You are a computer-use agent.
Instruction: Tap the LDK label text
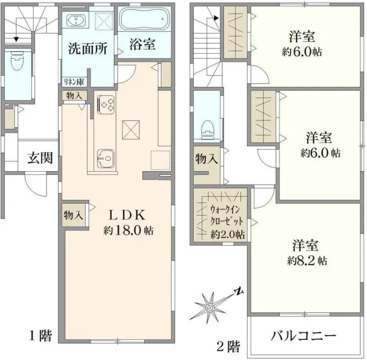pyautogui.click(x=127, y=215)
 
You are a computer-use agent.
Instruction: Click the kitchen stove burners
pyautogui.click(x=106, y=104)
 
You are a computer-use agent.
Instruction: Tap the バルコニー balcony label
pyautogui.click(x=303, y=337)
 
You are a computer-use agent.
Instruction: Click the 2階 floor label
pyautogui.click(x=228, y=347)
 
